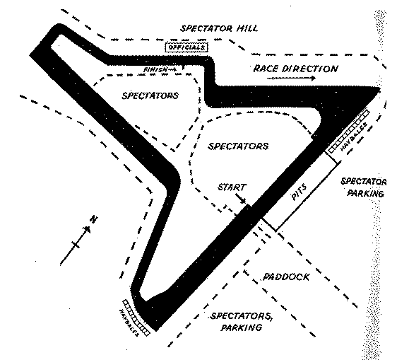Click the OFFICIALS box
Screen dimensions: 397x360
point(186,47)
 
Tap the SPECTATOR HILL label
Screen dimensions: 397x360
point(219,28)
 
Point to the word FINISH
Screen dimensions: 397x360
point(155,69)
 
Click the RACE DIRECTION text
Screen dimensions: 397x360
point(296,69)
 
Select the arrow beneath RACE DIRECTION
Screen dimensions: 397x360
point(291,78)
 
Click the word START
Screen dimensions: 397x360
point(232,187)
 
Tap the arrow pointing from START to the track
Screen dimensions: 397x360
point(240,199)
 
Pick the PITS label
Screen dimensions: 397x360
point(300,192)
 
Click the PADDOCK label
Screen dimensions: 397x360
point(286,277)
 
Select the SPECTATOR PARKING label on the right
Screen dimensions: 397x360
point(364,187)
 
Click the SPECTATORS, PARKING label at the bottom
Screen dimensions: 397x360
point(241,322)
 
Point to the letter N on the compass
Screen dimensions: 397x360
point(94,219)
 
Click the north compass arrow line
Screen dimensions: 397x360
point(75,245)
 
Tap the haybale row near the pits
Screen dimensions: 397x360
point(349,132)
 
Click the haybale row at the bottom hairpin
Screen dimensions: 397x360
point(136,318)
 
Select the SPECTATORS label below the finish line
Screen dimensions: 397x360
point(150,95)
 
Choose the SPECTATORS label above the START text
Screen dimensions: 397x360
point(238,146)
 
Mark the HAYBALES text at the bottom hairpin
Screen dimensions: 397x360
point(129,323)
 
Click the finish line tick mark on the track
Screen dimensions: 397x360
point(183,67)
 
